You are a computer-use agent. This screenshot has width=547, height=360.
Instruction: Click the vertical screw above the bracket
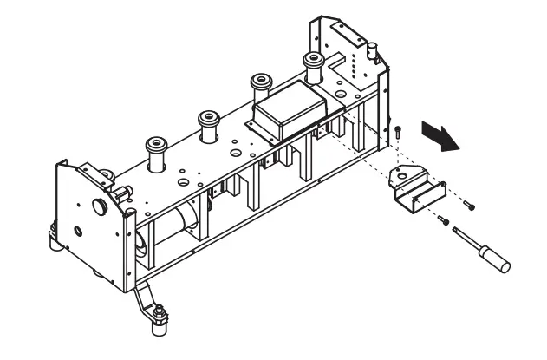pyautogui.click(x=397, y=133)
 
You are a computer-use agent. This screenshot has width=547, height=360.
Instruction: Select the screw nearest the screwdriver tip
pyautogui.click(x=442, y=220)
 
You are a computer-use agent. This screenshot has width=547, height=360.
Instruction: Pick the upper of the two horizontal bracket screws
pyautogui.click(x=468, y=205)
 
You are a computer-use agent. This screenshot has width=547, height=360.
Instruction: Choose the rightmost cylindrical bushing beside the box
pyautogui.click(x=311, y=65)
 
